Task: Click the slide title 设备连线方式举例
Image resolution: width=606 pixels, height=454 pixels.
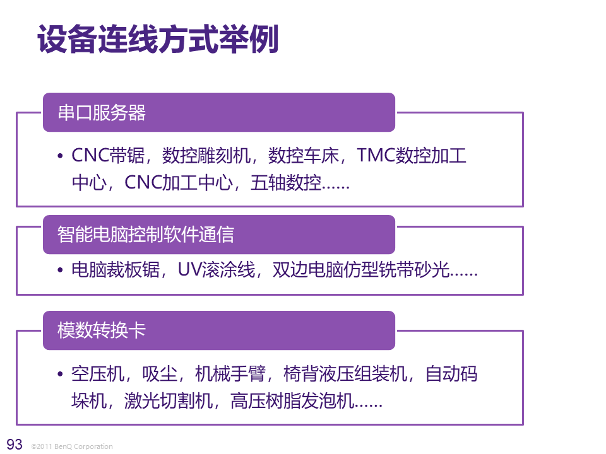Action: pyautogui.click(x=158, y=40)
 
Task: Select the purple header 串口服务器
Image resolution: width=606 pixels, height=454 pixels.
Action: pyautogui.click(x=102, y=113)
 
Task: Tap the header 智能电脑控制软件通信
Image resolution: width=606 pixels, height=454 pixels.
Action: pyautogui.click(x=146, y=235)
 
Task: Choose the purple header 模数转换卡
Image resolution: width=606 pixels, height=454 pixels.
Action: pyautogui.click(x=102, y=330)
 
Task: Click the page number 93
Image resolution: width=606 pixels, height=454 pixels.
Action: pyautogui.click(x=14, y=443)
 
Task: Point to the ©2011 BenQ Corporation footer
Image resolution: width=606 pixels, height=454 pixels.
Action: pyautogui.click(x=71, y=446)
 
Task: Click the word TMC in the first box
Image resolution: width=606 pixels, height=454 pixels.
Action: pyautogui.click(x=376, y=155)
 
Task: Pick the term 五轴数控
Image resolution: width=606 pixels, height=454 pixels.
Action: pyautogui.click(x=286, y=183)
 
